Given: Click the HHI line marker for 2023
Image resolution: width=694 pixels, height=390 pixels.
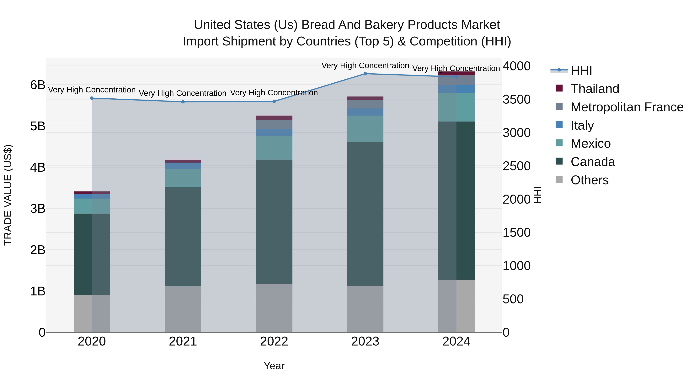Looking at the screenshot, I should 365,74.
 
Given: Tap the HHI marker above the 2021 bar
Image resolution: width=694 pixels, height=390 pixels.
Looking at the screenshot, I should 183,102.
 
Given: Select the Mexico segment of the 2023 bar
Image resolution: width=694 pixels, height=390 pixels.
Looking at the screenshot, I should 365,129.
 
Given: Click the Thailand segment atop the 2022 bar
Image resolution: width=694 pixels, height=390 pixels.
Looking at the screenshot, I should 274,118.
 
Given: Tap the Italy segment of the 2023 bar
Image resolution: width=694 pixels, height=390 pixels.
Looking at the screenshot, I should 365,112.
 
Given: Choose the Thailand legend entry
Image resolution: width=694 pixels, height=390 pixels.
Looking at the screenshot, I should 595,89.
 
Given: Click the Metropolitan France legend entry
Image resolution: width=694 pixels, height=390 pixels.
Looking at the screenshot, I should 627,107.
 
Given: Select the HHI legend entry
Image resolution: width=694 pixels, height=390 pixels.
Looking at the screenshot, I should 581,70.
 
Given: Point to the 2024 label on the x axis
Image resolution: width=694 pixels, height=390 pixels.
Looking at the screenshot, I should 456,341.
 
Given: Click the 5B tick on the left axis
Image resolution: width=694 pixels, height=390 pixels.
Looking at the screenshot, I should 38,126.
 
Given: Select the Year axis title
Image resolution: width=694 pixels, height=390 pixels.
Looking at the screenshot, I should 274,366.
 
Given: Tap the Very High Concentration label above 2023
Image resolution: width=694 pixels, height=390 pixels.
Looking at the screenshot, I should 365,65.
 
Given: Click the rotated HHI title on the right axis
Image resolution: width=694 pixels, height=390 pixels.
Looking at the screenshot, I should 538,195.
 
